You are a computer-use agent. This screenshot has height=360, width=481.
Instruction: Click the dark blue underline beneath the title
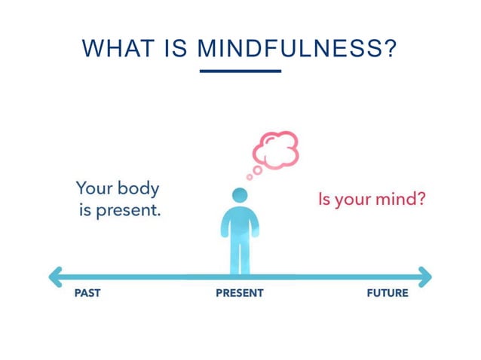[x=240, y=71]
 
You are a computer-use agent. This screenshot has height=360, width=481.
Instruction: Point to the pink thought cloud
[x=277, y=148]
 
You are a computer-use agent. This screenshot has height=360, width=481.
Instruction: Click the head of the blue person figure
[x=240, y=195]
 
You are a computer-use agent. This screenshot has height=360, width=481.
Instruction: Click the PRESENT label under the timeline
[x=240, y=293]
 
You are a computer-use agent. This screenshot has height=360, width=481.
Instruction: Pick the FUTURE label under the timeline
[x=387, y=293]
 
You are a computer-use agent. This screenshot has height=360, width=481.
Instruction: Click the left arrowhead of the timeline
[x=55, y=276]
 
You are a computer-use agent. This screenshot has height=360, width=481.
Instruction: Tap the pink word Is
[x=325, y=200]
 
